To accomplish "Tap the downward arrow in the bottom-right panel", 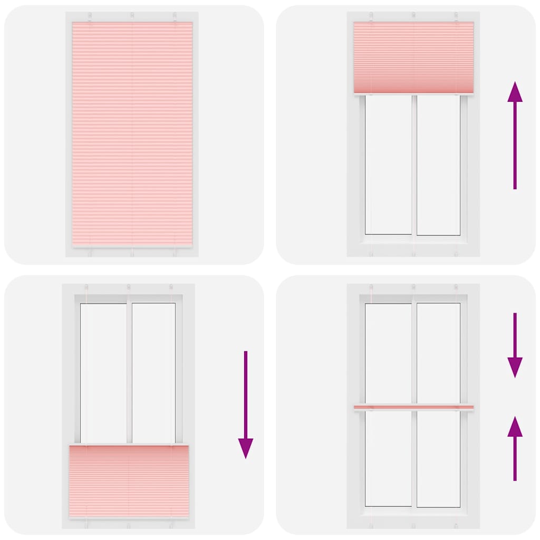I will pos(515,345).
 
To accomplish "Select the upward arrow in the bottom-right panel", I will pos(515,448).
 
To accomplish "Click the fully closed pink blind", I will pos(132,134).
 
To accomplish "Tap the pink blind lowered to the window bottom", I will pos(129,480).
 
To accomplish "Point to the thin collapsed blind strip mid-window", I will pos(413,407).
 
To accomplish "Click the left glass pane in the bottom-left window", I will pos(103,372).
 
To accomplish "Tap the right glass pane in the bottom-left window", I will pos(153,372).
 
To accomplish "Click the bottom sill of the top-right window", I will pos(413,239).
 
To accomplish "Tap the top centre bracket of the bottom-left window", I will pos(129,288).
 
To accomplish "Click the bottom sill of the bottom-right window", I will pos(413,512).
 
